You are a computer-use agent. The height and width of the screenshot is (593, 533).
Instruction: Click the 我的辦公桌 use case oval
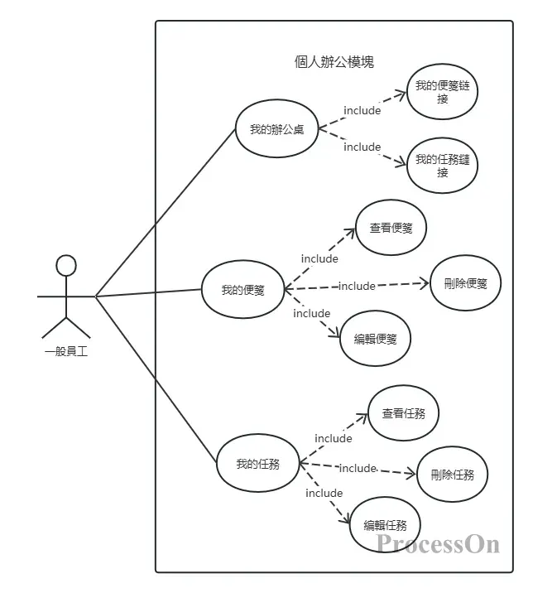point(276,129)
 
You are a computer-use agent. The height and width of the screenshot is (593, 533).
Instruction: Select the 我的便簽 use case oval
point(242,290)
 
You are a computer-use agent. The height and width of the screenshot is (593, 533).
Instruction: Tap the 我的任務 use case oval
point(257,464)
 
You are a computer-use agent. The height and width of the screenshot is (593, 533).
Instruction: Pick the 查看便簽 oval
point(391,227)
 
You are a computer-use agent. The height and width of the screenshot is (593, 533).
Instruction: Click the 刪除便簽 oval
point(465,283)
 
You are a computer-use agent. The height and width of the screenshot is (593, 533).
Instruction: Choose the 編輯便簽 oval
point(375,338)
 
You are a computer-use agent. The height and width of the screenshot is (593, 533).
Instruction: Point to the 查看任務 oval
point(403,412)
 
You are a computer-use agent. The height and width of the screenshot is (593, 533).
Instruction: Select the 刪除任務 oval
point(452,475)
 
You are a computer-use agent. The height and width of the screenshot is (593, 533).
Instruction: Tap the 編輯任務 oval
point(385,524)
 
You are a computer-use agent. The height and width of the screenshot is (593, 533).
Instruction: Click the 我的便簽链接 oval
point(443,92)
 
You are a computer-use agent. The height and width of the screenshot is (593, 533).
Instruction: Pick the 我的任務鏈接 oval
point(443,166)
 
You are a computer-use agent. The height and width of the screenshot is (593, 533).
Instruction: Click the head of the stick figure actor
point(65,265)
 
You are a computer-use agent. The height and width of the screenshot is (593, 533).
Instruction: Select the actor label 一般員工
point(66,351)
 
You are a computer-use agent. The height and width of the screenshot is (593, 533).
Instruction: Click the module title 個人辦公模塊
point(334,61)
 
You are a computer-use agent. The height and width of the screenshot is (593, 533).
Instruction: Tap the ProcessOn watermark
point(438,544)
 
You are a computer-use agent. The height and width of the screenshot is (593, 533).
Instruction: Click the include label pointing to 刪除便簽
point(357,286)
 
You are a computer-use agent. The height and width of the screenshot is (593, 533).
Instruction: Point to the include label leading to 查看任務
point(334,438)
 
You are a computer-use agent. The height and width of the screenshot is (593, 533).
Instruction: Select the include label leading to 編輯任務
point(324,493)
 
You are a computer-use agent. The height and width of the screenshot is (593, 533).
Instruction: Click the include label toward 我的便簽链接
point(362,110)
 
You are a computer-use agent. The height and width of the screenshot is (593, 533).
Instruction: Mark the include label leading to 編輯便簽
point(312,313)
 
